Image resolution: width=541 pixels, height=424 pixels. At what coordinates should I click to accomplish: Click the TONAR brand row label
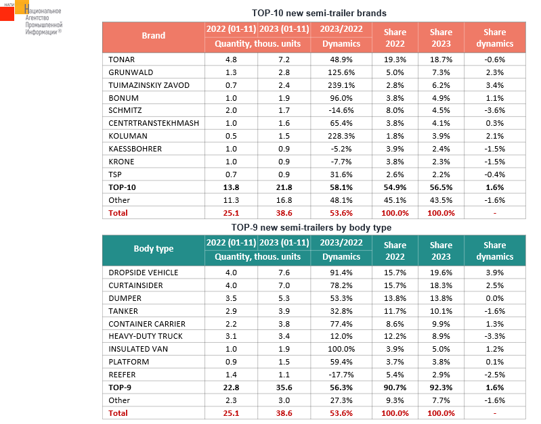pos(121,60)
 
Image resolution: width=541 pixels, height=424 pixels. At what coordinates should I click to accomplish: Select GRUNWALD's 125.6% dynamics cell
pos(341,72)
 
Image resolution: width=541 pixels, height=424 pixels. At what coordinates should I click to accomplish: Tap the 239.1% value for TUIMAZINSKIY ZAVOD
pos(341,85)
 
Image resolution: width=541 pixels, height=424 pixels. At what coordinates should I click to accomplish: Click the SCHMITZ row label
pos(125,110)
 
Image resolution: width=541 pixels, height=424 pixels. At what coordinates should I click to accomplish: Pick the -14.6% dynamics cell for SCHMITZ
pos(341,110)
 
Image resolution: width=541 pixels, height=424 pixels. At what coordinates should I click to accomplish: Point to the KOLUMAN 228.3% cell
pos(341,136)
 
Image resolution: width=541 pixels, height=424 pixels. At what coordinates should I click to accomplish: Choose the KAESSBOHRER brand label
pos(135,149)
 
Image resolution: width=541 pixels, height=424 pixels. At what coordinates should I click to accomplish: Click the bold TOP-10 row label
pos(122,187)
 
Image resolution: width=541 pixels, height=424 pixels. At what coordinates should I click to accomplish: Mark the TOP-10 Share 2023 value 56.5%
pos(441,187)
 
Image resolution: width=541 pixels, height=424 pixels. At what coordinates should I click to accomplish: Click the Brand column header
pos(154,36)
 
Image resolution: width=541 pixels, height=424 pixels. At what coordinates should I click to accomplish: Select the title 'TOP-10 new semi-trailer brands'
pos(319,13)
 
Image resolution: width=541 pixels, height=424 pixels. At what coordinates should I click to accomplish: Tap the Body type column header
pos(154,249)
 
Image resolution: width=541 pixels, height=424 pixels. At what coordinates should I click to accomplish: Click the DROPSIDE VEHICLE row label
pos(143,273)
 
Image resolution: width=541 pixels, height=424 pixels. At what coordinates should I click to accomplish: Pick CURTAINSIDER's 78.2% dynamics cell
pos(341,285)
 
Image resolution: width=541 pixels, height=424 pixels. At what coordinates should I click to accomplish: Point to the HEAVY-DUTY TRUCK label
pos(146,336)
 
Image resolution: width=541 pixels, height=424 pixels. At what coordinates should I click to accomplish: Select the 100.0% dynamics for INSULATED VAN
pos(341,349)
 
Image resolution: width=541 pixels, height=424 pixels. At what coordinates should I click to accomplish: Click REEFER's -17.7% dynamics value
pos(341,375)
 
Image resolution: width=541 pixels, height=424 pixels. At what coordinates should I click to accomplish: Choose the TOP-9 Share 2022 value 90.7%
pos(395,387)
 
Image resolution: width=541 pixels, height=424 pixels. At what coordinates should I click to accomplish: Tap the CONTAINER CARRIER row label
pos(147,324)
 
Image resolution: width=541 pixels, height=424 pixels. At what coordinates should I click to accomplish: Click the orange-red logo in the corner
pos(14,10)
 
